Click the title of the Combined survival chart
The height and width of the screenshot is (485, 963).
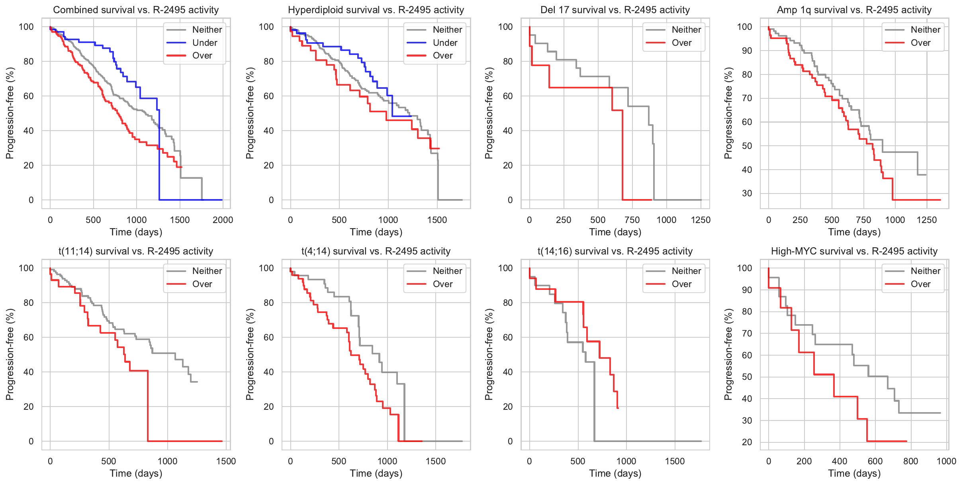[136, 10]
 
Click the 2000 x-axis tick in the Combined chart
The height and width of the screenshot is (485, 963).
[223, 220]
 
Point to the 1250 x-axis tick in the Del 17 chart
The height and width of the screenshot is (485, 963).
[701, 220]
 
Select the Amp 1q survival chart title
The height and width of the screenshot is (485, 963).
[854, 10]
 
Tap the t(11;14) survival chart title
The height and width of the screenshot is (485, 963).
[136, 251]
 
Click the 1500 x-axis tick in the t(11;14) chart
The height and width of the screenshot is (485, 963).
[226, 461]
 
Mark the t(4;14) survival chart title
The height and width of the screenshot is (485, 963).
[376, 251]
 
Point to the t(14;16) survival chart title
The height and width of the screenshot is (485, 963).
[615, 251]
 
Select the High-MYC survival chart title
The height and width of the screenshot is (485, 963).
[854, 251]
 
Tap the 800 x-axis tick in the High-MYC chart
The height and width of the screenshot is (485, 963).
[911, 461]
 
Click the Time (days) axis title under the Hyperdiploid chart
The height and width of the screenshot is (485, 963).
[376, 232]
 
